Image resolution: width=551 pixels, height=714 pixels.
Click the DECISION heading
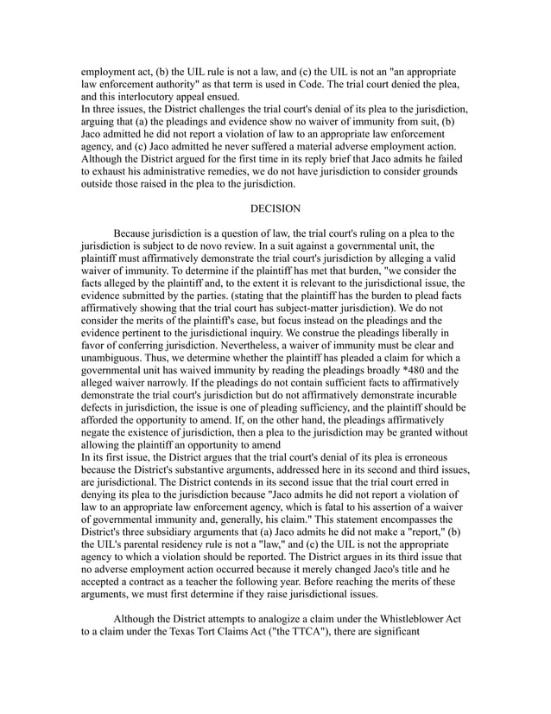tap(275, 209)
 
